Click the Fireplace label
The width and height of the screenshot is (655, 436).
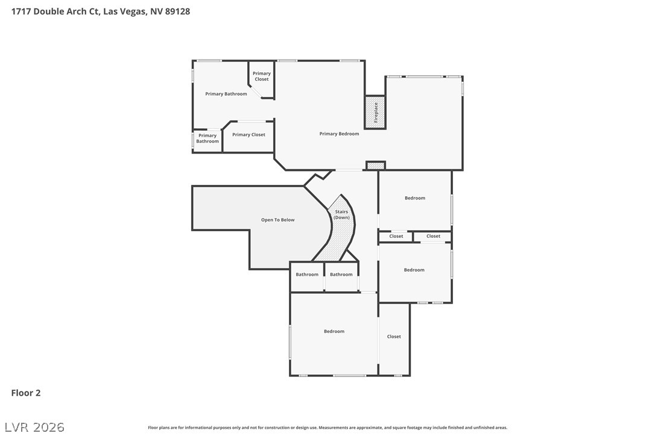[x=376, y=113]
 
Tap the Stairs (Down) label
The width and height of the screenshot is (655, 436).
[x=341, y=214]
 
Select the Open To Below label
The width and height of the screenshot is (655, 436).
[x=278, y=220]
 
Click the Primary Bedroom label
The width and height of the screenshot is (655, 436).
[x=339, y=134]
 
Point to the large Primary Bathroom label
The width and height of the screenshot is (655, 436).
[x=226, y=94]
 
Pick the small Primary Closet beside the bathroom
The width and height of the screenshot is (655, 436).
[x=262, y=76]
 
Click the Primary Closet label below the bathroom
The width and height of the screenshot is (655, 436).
[x=248, y=135]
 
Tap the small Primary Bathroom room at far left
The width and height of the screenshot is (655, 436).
[x=207, y=138]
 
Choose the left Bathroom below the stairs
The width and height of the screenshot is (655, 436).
[x=307, y=275]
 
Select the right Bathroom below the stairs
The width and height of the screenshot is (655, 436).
[x=341, y=275]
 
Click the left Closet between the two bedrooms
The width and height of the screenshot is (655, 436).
[x=396, y=236]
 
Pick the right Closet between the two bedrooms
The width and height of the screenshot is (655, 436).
[x=433, y=236]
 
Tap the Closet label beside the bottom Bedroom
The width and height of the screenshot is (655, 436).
[x=394, y=337]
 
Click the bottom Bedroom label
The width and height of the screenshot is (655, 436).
[x=334, y=331]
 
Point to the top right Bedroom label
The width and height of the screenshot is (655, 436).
[x=415, y=198]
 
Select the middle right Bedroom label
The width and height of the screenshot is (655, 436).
[x=414, y=270]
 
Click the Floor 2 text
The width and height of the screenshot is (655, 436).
[x=26, y=393]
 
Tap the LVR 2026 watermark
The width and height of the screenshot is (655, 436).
[x=34, y=427]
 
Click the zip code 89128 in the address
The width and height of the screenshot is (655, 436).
[x=177, y=11]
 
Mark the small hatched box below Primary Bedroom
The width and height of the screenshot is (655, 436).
[x=376, y=166]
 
